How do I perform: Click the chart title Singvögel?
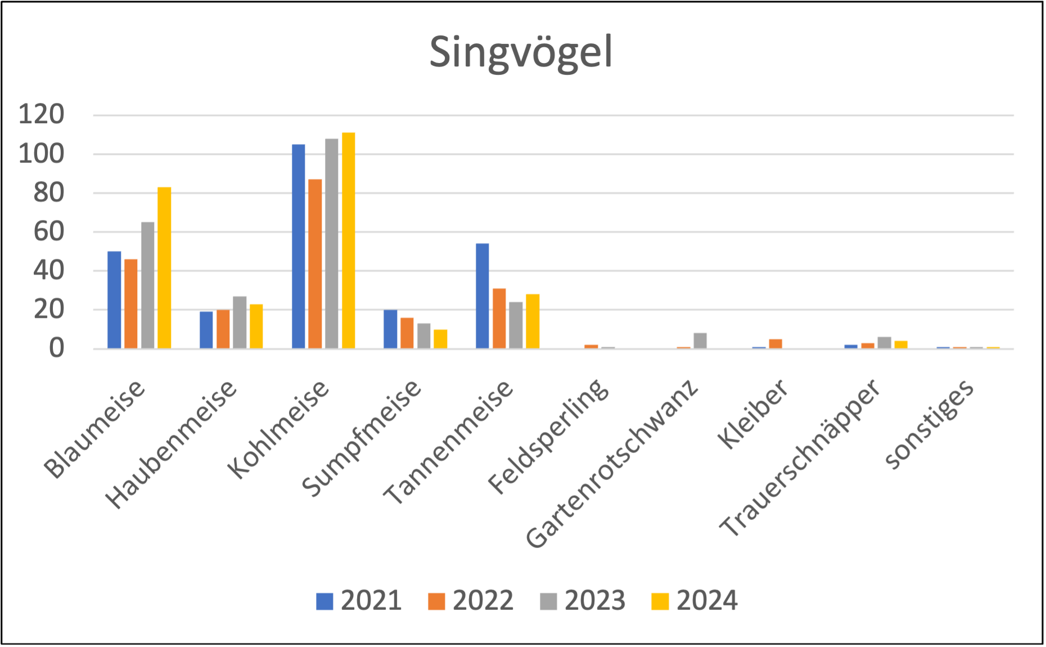[521, 53]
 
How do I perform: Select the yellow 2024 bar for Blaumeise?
[165, 267]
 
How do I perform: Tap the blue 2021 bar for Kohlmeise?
[299, 246]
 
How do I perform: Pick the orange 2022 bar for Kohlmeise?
[315, 263]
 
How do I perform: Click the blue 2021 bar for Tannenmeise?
[483, 295]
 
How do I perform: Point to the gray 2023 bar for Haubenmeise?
[240, 322]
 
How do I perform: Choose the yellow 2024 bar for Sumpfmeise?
[441, 339]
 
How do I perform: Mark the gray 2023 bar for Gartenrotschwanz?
[700, 340]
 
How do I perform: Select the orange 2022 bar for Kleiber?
[776, 343]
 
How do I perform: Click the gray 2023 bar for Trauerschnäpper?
[885, 342]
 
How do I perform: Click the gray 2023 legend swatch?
[549, 601]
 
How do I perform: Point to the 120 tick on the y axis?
[42, 115]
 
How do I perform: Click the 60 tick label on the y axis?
[49, 232]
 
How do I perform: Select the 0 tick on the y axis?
[57, 349]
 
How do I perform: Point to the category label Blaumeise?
[95, 429]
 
